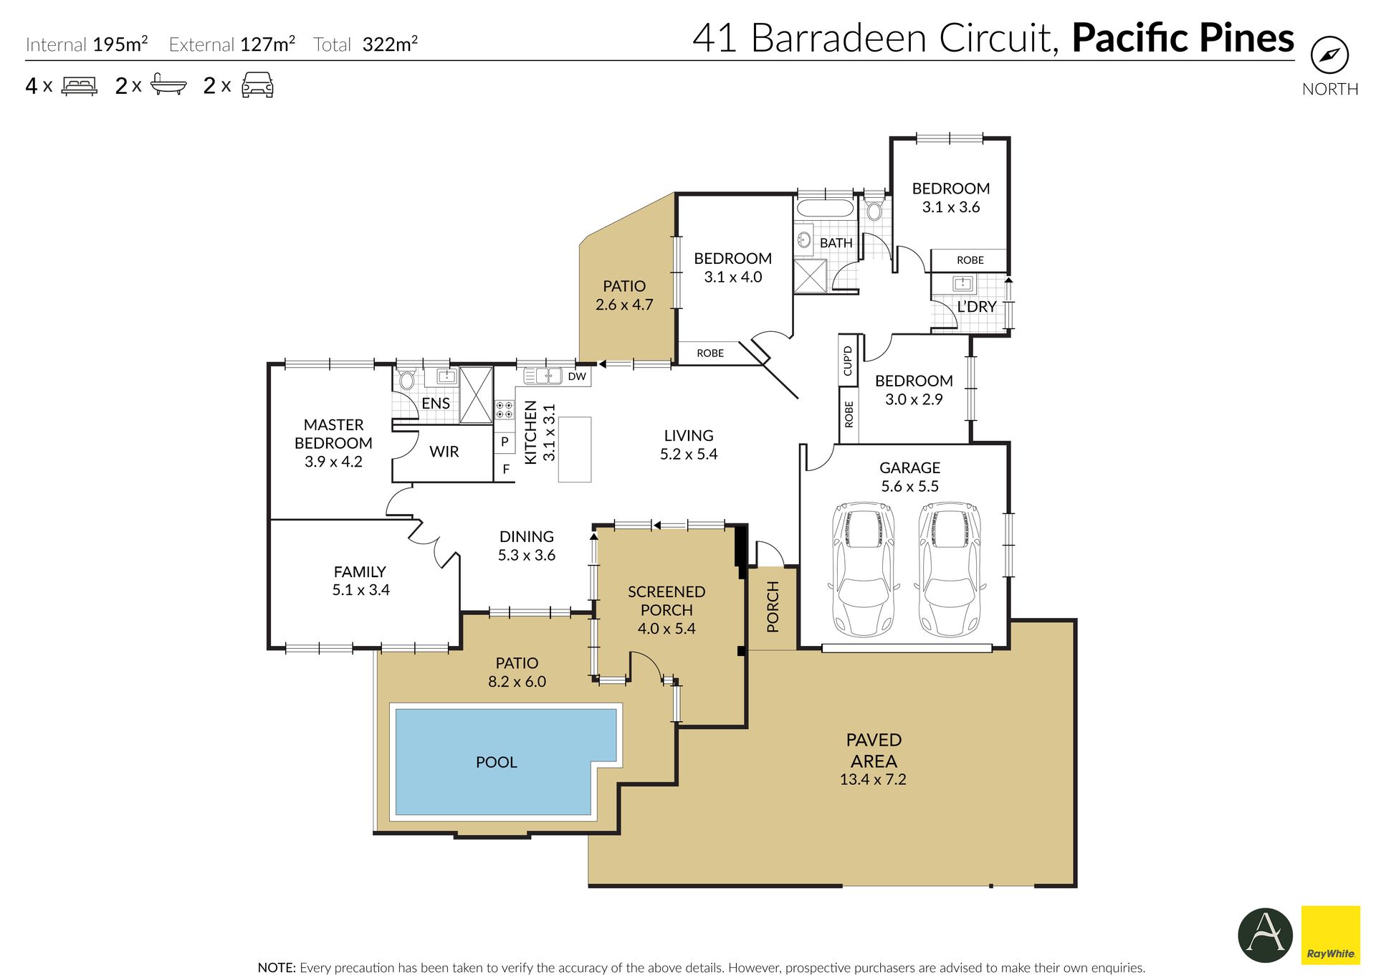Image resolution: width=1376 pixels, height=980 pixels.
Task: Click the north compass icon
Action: point(1329,55)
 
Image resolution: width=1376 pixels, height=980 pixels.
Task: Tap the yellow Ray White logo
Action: point(1330,934)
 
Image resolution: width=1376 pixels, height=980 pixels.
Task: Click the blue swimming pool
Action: point(505,762)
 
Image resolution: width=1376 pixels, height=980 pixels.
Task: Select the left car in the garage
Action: point(864,569)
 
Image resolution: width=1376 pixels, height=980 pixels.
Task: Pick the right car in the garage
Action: point(950,569)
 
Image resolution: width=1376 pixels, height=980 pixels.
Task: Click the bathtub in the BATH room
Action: point(825,209)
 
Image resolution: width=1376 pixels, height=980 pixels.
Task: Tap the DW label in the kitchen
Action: point(577,376)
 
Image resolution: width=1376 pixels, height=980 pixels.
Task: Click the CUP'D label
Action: point(848,361)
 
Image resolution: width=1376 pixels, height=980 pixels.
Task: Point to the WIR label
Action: point(444,452)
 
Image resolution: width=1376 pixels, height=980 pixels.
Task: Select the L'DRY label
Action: point(977,307)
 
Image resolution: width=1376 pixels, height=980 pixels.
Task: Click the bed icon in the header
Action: point(79,86)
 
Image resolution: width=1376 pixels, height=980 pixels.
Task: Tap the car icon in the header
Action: point(257,85)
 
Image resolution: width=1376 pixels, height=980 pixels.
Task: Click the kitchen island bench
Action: point(575,449)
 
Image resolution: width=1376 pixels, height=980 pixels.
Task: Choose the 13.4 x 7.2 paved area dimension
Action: point(873,779)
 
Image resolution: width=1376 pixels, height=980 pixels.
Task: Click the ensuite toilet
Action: point(406,379)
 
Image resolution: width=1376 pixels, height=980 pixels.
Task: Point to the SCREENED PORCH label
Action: point(666,601)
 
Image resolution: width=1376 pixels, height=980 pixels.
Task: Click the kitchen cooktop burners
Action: point(505,410)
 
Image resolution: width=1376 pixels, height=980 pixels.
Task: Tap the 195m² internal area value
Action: point(120,44)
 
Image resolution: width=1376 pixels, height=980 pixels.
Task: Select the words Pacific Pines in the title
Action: point(1182,38)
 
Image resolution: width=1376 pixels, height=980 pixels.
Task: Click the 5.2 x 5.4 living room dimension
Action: point(689,454)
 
